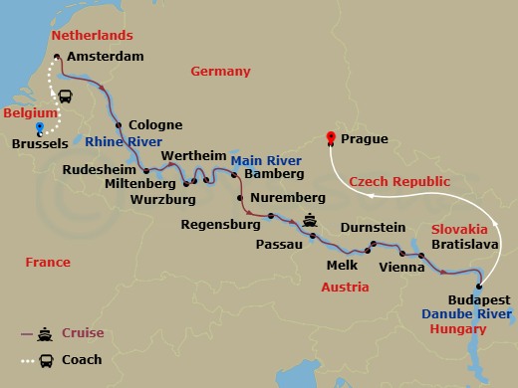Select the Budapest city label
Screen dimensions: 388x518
(x=479, y=299)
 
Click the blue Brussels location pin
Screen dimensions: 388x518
(x=39, y=128)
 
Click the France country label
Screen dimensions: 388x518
(x=48, y=263)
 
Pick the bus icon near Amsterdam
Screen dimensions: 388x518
(x=65, y=97)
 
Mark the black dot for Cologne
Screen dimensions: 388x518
(x=119, y=125)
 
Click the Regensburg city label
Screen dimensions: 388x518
(x=213, y=225)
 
